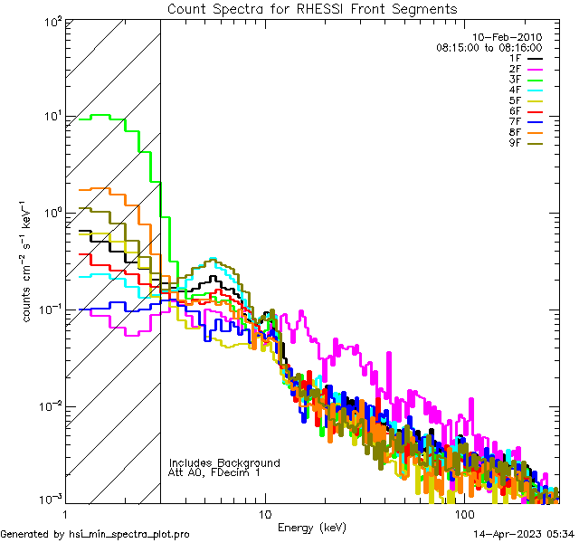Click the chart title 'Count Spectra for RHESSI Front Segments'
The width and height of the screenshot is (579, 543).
(312, 9)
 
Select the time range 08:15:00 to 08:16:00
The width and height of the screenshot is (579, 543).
(489, 47)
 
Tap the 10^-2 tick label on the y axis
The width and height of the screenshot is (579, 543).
(49, 405)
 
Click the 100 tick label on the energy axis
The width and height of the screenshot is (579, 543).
(464, 513)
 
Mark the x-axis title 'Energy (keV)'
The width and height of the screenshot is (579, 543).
(312, 528)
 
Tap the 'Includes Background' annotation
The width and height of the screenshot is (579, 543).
(224, 462)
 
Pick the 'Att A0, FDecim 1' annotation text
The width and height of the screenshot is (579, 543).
(215, 472)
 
